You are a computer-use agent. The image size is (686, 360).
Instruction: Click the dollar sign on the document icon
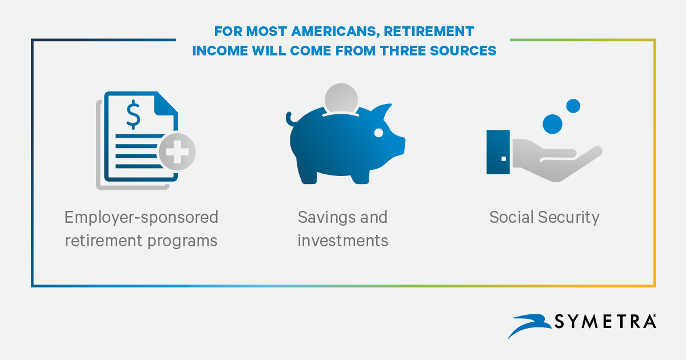[x=133, y=114]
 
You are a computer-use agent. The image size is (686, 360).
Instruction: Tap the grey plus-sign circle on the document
[x=177, y=152]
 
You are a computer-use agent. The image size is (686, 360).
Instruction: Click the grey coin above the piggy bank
[x=341, y=98]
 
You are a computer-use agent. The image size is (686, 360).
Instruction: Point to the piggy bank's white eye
[x=378, y=133]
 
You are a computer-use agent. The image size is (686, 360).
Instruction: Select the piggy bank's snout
[x=399, y=147]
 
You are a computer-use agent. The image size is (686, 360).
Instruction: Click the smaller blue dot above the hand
[x=573, y=106]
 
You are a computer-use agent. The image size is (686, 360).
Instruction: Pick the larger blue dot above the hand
[x=552, y=124]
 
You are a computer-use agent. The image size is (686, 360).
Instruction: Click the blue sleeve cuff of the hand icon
[x=498, y=152]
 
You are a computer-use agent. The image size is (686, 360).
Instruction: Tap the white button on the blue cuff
[x=504, y=159]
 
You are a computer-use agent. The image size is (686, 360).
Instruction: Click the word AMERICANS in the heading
[x=336, y=31]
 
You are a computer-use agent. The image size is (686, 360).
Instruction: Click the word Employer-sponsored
[x=142, y=218]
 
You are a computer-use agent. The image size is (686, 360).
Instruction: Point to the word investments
[x=343, y=241]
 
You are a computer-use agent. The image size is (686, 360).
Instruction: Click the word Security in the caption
[x=569, y=218]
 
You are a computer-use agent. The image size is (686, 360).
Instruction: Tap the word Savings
[x=324, y=218]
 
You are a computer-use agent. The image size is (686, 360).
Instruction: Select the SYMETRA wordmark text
[x=605, y=321]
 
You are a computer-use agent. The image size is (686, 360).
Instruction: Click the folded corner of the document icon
[x=165, y=103]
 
